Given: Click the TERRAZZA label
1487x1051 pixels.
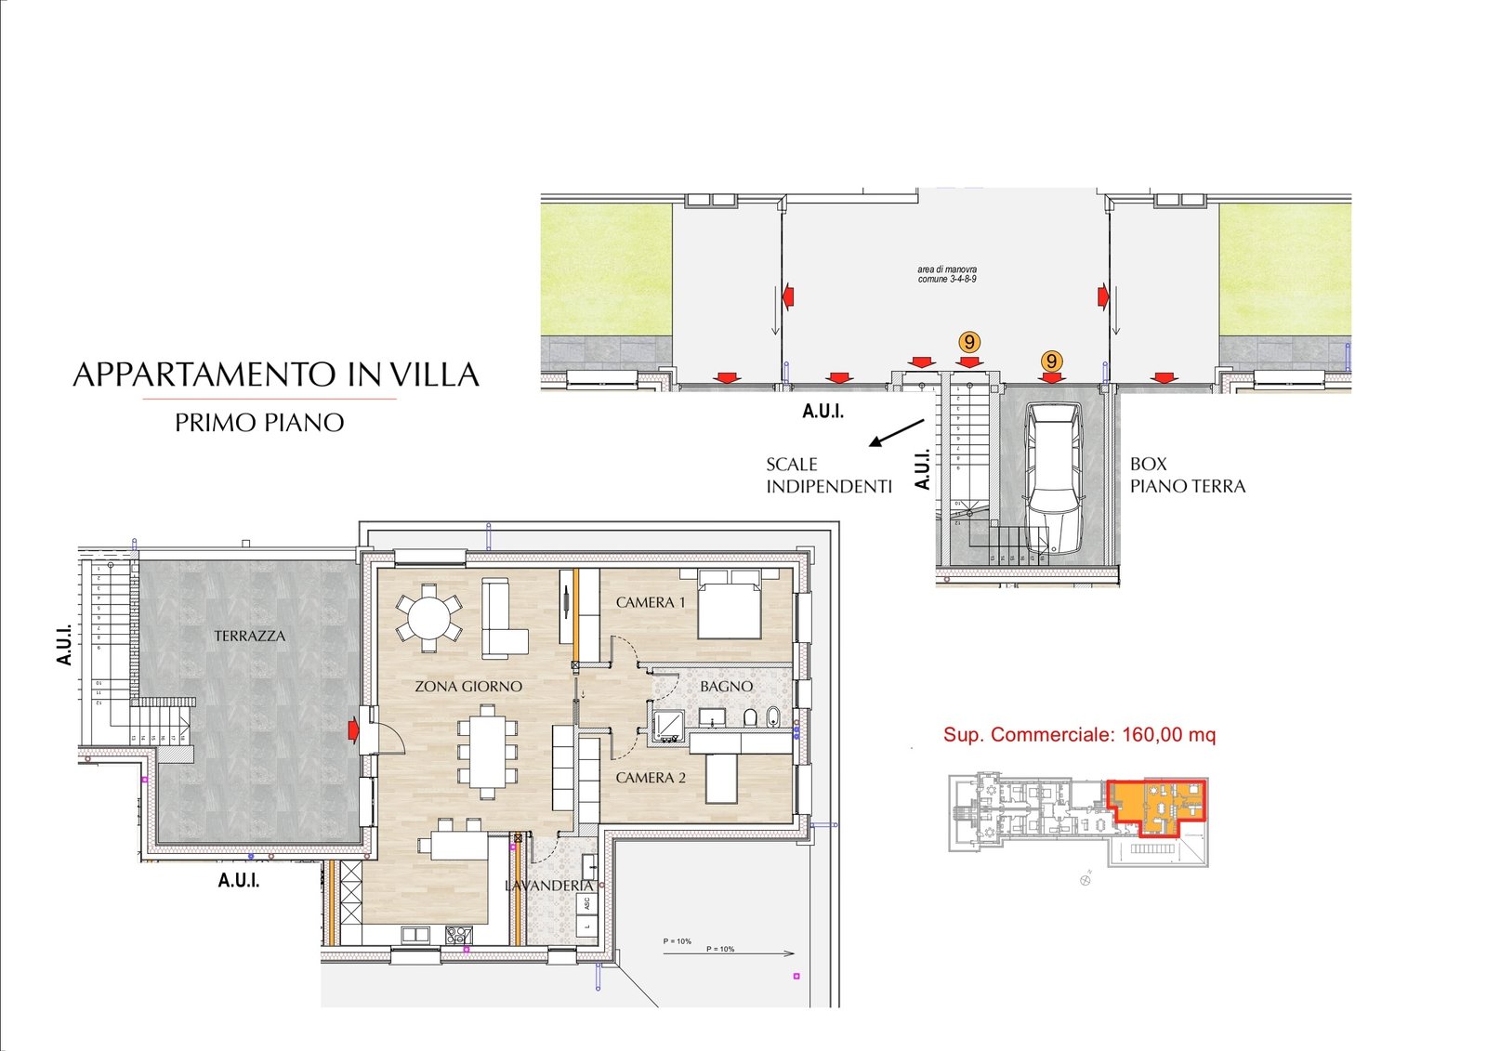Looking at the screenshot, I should click(x=249, y=637).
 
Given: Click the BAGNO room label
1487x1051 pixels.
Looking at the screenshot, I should click(x=726, y=687).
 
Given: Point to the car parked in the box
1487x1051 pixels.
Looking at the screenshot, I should click(x=1054, y=478).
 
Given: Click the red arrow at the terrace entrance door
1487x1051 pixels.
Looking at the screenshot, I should click(x=353, y=730).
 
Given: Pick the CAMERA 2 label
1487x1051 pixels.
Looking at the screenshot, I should click(x=651, y=778).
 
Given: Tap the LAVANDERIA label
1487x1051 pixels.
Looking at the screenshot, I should click(x=548, y=886).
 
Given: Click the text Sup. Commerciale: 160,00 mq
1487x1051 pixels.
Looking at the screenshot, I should click(x=1079, y=735).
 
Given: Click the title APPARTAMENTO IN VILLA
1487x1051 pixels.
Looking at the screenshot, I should click(x=276, y=374).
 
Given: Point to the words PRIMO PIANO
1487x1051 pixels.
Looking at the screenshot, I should click(x=259, y=423).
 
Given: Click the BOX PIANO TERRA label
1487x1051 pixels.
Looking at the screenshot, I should click(x=1187, y=475).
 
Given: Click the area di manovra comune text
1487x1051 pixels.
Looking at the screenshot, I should click(x=947, y=274).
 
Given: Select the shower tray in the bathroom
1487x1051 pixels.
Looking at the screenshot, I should click(x=668, y=726).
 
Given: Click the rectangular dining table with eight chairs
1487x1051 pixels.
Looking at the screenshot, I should click(x=488, y=751).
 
